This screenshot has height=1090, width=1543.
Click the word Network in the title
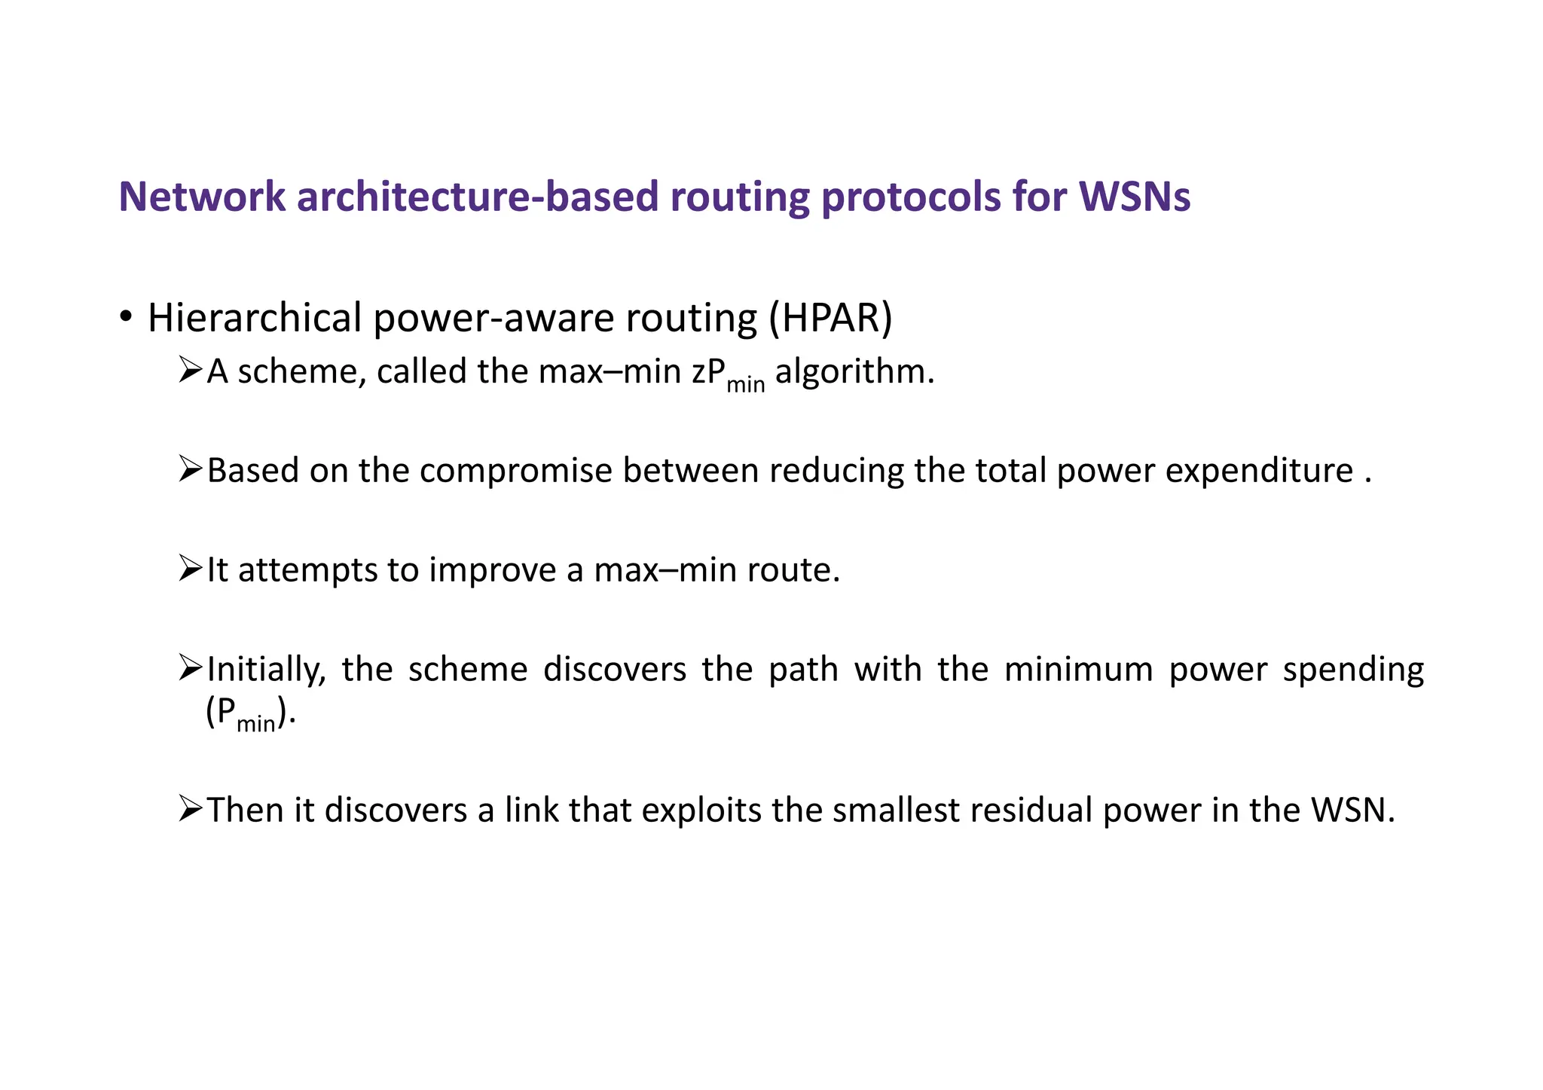tap(202, 197)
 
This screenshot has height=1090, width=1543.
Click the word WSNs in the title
tap(1135, 197)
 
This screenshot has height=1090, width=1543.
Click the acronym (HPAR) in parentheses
tap(830, 318)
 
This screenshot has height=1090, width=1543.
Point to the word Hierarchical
tap(255, 318)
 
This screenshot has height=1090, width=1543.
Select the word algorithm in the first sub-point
tap(854, 372)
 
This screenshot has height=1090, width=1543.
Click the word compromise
tap(516, 472)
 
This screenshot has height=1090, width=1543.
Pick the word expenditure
tap(1259, 472)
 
